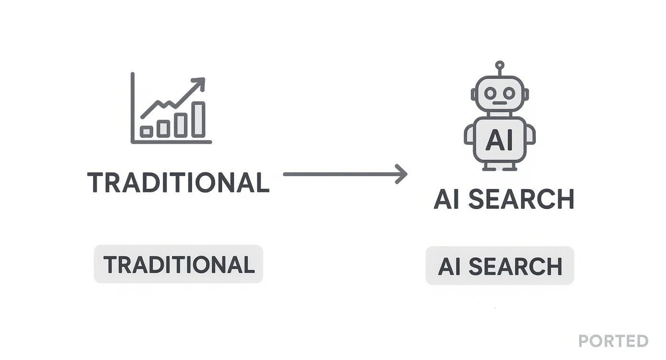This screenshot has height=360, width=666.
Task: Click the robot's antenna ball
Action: point(499,65)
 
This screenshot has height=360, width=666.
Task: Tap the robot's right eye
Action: point(509,93)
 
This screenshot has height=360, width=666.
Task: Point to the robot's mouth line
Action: point(499,103)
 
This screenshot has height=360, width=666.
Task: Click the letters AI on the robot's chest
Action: point(499,140)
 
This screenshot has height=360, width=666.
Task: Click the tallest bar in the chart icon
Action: point(199,119)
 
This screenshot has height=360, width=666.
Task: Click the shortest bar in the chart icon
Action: point(146,131)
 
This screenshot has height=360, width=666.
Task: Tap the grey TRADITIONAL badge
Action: point(178,264)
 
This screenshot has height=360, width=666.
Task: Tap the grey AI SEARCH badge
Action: point(499,266)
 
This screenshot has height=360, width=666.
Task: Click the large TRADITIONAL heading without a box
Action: point(178,182)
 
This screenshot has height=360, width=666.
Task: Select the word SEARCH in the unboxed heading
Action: point(521,199)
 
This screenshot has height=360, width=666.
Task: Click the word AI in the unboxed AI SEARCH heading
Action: point(446,199)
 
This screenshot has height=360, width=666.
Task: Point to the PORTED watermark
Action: point(613,341)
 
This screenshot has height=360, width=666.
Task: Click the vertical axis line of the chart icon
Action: point(133,108)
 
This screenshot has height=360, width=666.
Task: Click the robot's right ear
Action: point(526,94)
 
